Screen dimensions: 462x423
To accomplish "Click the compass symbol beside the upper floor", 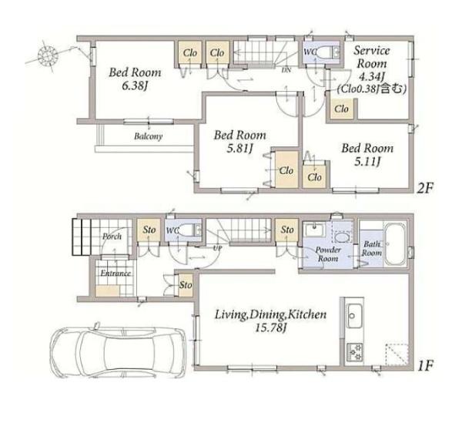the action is [x=48, y=55].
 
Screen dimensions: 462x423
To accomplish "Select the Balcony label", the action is [x=148, y=136].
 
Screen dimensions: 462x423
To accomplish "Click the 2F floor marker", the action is [x=424, y=188].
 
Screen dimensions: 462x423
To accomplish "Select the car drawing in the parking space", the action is [x=118, y=350].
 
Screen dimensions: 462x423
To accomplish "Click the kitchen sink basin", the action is [x=354, y=315].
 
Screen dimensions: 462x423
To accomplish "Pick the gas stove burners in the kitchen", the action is [x=355, y=352].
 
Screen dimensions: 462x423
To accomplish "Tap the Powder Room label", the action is [x=328, y=254].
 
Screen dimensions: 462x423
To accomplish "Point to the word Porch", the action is [x=112, y=237].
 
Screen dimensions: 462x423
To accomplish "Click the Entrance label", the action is [x=115, y=274].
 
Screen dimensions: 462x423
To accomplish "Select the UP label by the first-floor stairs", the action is [x=217, y=248].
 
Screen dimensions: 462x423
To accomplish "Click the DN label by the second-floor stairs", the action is [x=286, y=70].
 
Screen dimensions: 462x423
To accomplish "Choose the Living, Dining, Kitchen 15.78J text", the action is [x=270, y=321].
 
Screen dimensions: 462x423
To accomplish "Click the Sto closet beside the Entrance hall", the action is [x=186, y=285].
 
